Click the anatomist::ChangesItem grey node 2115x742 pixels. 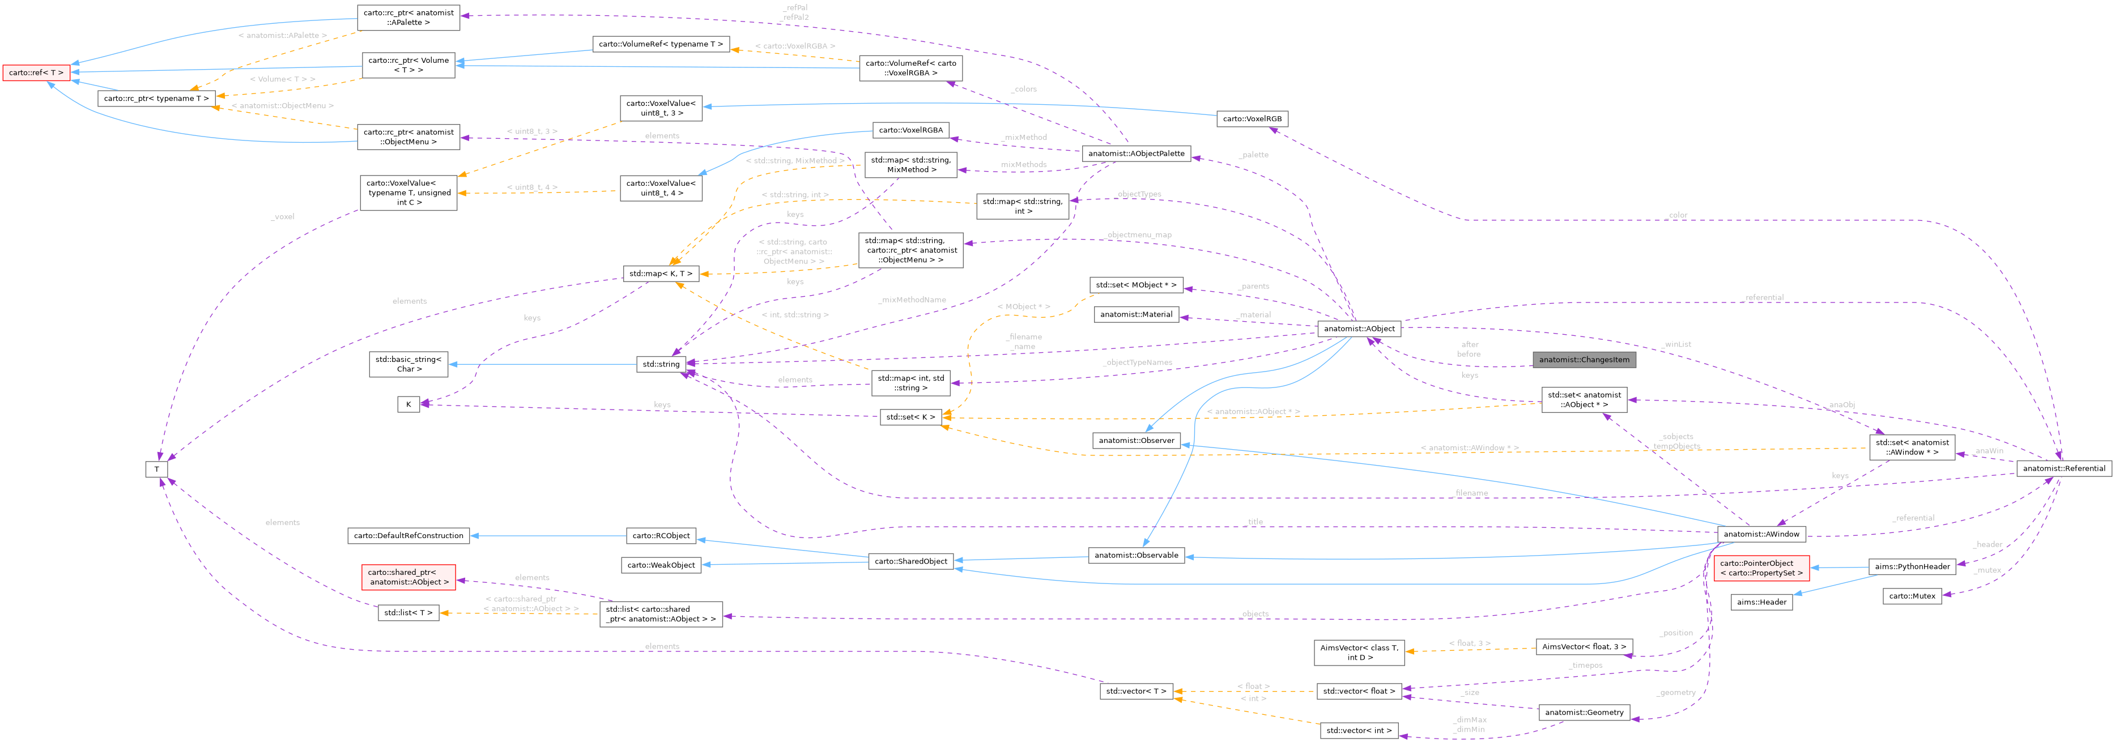coord(1584,360)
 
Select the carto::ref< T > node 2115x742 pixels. coord(35,73)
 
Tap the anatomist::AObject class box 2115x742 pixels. coord(1359,329)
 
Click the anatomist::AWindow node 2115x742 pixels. coord(1761,534)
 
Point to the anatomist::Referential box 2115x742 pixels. coord(2063,468)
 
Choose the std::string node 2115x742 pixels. coord(661,364)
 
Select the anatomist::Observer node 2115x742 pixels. coord(1137,440)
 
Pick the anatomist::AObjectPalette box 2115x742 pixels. coord(1137,153)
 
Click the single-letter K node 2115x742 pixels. coord(408,404)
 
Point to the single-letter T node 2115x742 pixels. coord(157,468)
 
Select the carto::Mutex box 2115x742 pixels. coord(1912,596)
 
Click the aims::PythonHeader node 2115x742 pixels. coord(1912,566)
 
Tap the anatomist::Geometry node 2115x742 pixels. coord(1584,711)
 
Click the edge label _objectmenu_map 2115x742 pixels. coord(1139,234)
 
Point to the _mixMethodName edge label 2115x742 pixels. coord(912,300)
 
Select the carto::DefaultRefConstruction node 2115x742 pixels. coord(408,535)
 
